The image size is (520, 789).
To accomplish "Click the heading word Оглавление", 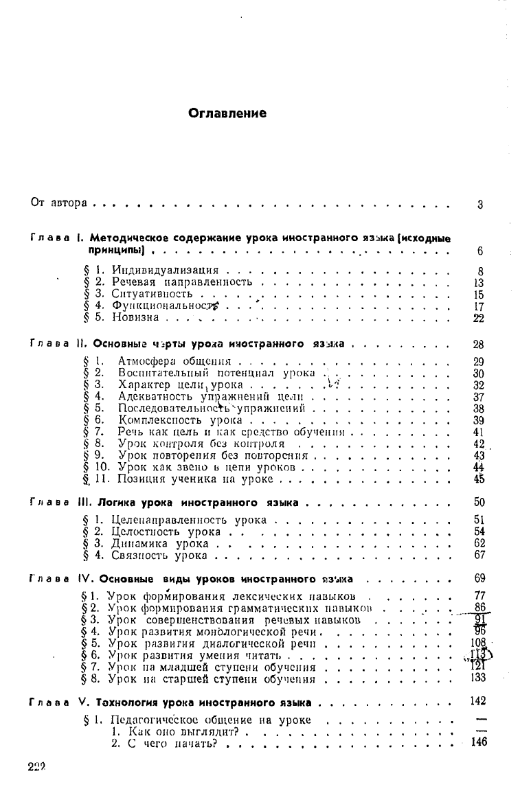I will click(x=227, y=113).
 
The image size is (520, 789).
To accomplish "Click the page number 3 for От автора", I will click(x=480, y=204).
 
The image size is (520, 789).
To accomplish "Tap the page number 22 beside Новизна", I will click(x=479, y=317).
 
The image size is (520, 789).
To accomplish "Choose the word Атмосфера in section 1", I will click(x=148, y=361).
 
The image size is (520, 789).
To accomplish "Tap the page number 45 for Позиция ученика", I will click(x=479, y=479).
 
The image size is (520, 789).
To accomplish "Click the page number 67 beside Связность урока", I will click(x=479, y=554).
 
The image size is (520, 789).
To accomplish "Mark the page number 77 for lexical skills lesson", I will click(x=480, y=594).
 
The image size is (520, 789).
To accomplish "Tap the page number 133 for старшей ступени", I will click(x=479, y=678).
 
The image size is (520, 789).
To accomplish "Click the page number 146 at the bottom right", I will click(x=479, y=741).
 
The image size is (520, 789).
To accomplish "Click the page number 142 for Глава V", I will click(x=479, y=701).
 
